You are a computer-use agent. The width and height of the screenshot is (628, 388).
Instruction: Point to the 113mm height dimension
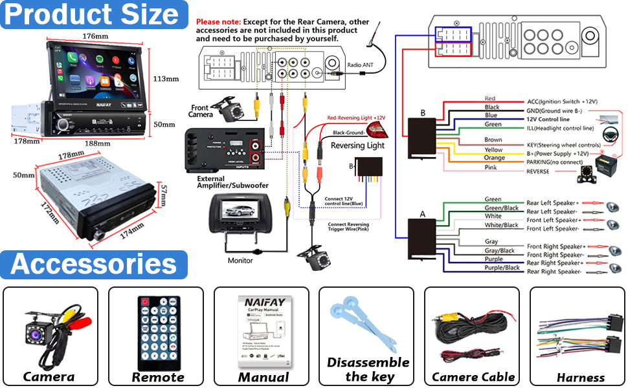165,79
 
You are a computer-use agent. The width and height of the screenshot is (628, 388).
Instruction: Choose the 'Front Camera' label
201,111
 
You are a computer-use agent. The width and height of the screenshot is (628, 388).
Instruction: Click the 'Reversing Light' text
357,145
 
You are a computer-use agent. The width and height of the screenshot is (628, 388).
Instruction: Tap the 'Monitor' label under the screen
240,261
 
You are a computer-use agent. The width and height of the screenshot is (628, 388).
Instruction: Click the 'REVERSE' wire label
538,171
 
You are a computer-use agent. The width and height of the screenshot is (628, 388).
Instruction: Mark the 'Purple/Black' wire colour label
502,268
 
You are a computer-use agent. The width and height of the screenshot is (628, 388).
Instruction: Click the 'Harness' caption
580,377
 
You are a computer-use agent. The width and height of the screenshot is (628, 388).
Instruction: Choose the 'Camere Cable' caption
473,376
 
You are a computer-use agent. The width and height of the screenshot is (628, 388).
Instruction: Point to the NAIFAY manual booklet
262,332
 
